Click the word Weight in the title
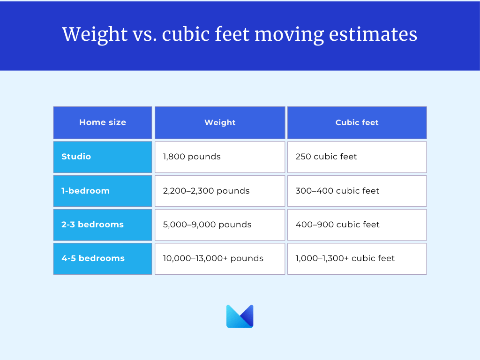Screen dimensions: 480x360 point(95,34)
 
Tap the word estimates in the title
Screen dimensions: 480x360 point(373,34)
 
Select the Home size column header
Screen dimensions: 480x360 point(103,122)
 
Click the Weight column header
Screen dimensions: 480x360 point(220,122)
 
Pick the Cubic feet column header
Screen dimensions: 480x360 point(357,122)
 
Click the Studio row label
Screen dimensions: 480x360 point(103,157)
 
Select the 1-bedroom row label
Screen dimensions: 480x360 point(103,191)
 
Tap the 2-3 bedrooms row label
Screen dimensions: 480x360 point(103,225)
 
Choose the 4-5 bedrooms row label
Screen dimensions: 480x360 point(103,259)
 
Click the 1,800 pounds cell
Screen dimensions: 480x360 point(220,157)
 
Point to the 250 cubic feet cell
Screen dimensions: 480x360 point(357,157)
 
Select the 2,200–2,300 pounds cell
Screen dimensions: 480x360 point(220,191)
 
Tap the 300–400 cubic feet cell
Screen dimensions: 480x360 point(357,191)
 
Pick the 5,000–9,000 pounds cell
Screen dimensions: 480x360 point(220,225)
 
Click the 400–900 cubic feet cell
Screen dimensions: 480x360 point(357,225)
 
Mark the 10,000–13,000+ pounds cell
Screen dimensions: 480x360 point(220,259)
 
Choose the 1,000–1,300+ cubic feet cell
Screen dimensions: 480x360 point(357,259)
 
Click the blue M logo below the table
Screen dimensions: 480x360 point(240,316)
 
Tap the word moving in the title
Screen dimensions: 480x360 point(289,35)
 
